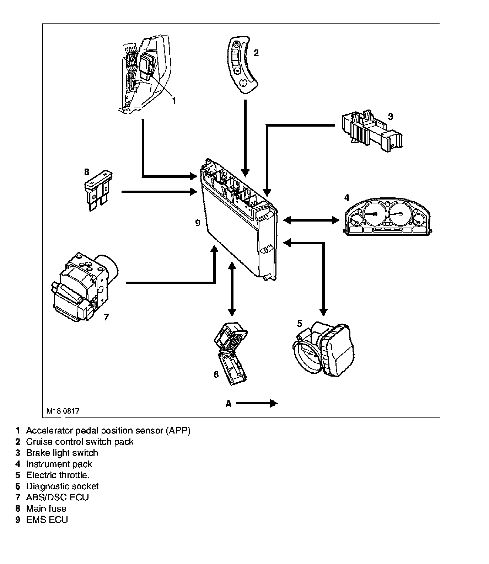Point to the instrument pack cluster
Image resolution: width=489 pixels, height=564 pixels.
pos(387,217)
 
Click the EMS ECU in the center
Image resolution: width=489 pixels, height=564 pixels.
pos(238,220)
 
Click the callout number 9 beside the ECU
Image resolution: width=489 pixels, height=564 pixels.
pos(198,223)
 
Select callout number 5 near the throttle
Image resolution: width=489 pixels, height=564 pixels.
pos(300,323)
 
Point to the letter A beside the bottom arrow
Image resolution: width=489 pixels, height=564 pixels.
pos(229,404)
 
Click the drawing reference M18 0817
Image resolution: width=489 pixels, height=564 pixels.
pos(63,411)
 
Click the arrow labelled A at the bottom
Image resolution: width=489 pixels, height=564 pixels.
pos(257,403)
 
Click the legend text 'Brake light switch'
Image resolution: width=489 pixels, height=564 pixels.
pos(62,453)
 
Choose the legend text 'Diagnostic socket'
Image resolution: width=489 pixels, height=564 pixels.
pos(62,486)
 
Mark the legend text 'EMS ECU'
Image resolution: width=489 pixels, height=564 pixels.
pos(47,520)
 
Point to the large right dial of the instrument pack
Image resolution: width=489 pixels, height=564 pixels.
pos(399,214)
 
